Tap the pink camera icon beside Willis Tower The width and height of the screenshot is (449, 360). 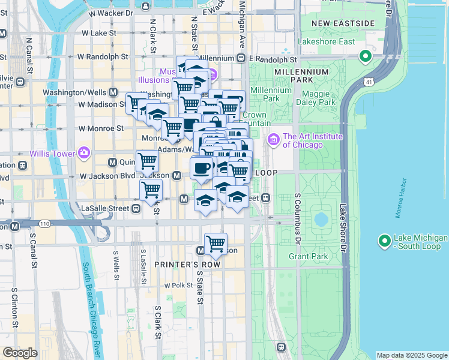pos(83,153)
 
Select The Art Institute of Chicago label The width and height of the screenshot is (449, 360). pos(312,140)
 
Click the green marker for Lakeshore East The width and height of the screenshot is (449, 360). pos(364,58)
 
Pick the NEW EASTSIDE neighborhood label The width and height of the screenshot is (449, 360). pos(343,23)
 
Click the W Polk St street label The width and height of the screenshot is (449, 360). pos(177,286)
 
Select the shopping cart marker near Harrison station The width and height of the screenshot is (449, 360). pos(215,244)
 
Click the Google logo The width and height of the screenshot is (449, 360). pos(20,352)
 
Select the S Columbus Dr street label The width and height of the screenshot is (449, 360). pos(297,219)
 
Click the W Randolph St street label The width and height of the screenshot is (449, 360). pos(103,56)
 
